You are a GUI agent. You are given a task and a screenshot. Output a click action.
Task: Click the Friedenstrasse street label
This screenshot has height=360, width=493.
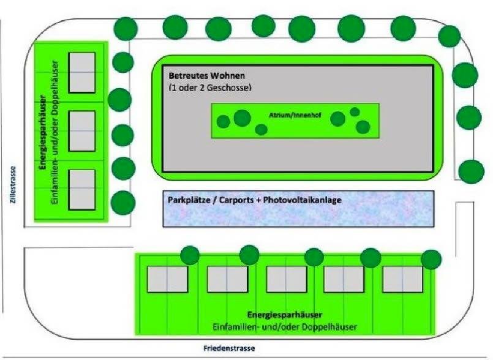(x=228, y=348)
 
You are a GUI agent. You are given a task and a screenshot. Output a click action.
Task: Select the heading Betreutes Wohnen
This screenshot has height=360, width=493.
(x=206, y=76)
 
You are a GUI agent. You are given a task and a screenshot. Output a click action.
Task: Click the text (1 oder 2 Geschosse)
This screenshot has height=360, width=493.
(x=210, y=88)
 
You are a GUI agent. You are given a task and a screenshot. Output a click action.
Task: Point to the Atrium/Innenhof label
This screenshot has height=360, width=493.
(x=290, y=114)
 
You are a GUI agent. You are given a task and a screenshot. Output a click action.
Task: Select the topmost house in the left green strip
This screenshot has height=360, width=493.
(x=81, y=72)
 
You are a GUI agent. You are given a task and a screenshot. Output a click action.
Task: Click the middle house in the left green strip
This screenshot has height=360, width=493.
(x=81, y=131)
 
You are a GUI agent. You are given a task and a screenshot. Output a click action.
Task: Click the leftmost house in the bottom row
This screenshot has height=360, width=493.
(x=167, y=279)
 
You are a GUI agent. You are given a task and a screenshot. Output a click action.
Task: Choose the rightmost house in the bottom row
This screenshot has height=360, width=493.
(x=402, y=279)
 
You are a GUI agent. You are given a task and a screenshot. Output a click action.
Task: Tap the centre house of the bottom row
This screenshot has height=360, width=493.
(x=285, y=279)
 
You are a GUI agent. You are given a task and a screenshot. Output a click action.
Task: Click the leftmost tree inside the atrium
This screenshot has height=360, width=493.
(x=224, y=121)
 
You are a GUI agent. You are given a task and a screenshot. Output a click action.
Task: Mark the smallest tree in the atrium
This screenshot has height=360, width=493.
(x=355, y=111)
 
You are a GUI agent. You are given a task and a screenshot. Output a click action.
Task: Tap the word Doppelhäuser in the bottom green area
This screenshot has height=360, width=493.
(x=332, y=327)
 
